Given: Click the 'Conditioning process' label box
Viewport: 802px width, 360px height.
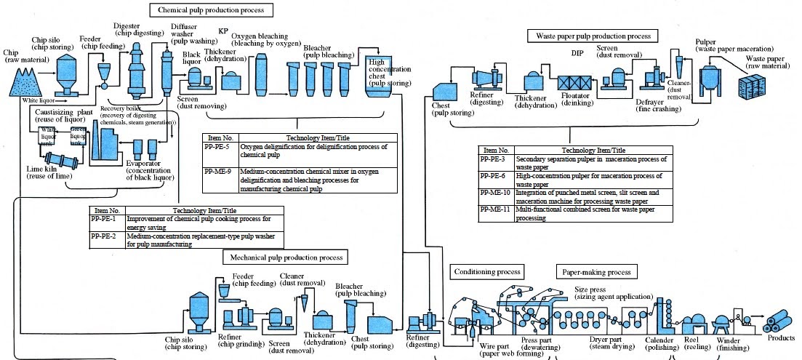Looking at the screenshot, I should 487,272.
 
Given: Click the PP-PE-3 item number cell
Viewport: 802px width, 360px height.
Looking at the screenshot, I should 497,158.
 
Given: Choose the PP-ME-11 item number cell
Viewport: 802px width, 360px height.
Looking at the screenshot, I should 497,208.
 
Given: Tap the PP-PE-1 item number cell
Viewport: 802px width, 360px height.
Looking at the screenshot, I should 107,218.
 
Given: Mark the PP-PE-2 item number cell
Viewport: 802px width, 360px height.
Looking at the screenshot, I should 107,236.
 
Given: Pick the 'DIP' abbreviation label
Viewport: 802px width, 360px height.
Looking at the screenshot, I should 577,53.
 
